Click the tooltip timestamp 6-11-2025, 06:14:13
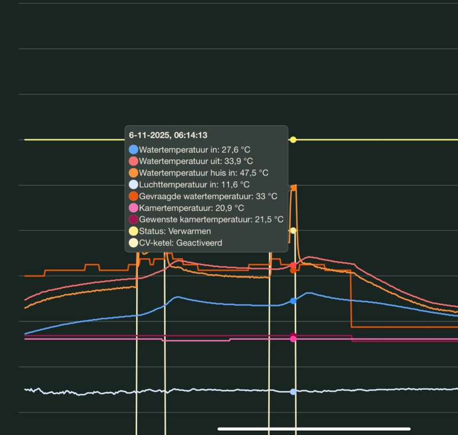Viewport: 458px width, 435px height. pos(168,135)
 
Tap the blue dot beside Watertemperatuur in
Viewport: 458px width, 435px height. pos(133,149)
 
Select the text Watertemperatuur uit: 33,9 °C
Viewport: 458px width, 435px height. pos(196,161)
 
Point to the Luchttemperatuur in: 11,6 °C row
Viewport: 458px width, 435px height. pos(194,184)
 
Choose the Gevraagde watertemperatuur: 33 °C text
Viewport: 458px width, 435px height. pos(208,196)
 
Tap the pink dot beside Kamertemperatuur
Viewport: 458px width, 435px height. pos(133,208)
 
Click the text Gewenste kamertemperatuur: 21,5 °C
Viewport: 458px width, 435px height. pos(211,219)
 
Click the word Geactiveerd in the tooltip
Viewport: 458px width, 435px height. pos(199,243)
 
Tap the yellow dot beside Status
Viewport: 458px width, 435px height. pos(133,231)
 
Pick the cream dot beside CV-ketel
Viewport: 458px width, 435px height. pos(133,243)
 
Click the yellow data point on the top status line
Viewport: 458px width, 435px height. pos(293,140)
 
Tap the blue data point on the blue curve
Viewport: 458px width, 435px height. pos(293,301)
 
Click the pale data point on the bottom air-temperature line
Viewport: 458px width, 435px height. pos(293,392)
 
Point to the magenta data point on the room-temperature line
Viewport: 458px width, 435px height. pos(293,339)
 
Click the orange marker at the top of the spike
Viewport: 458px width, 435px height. pos(294,187)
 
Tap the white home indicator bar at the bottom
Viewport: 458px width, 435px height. pos(314,428)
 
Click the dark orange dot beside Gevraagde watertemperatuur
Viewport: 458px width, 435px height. pos(133,196)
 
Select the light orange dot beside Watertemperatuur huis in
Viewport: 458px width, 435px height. pos(133,173)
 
